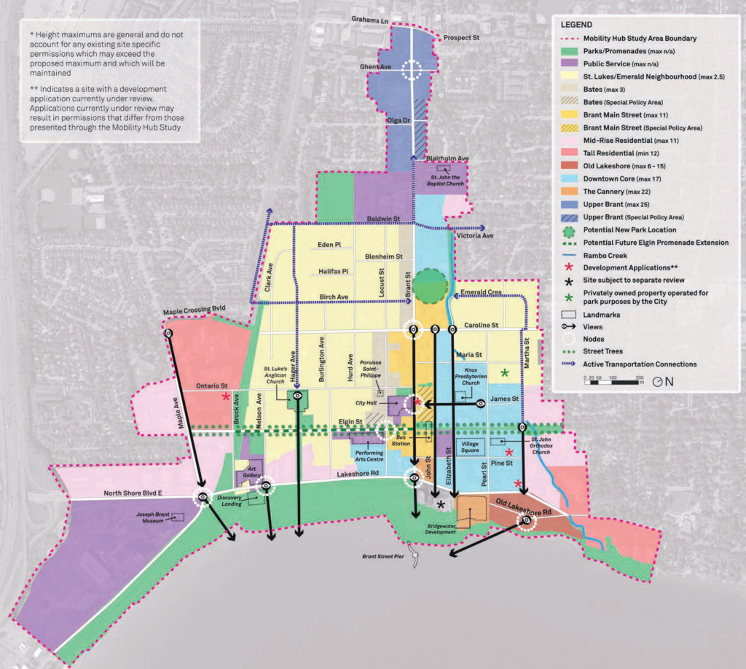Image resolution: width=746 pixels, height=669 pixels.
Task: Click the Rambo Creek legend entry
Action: coord(605,256)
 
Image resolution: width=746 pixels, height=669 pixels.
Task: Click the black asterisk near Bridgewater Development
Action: coord(440,504)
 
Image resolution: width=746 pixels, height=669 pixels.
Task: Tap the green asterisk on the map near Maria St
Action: coord(504,373)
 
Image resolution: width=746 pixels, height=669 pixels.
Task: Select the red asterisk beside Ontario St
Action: coord(227,397)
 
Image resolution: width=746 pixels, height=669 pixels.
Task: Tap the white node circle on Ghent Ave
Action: coord(413,70)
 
